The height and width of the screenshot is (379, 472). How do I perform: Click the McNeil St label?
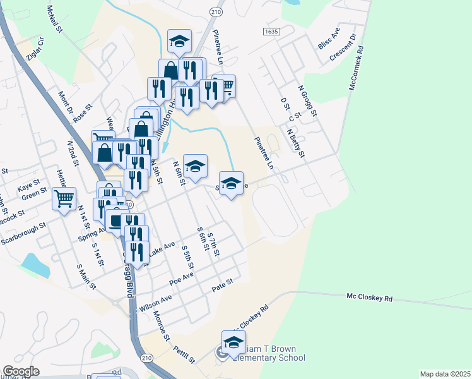54,19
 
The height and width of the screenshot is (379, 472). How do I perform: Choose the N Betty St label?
295,144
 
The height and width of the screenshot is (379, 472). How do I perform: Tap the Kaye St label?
28,188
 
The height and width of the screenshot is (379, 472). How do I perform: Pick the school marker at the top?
179,42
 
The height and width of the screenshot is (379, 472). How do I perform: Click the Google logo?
21,371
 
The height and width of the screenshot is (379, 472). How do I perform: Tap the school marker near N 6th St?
195,166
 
